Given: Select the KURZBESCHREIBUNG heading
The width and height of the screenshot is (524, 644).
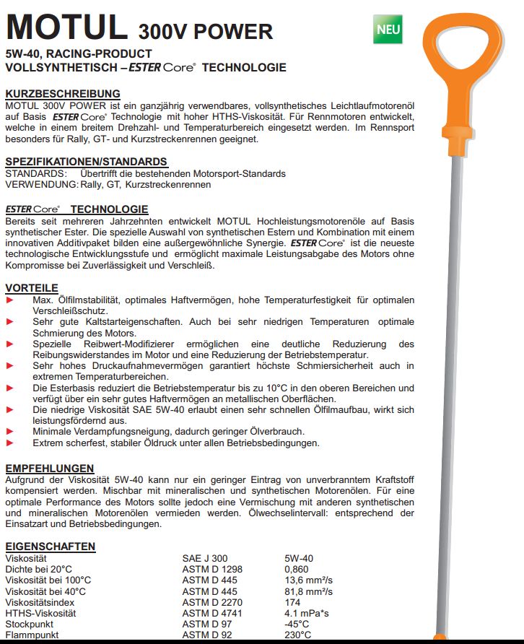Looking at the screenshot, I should pos(63,93).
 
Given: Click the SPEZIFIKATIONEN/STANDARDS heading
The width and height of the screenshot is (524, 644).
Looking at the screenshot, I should pos(86,162).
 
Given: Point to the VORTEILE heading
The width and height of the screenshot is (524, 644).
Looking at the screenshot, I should pos(32,287).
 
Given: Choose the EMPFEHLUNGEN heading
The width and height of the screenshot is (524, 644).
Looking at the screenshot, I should pos(50,468).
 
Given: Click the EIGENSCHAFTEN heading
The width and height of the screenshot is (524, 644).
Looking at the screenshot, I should pos(51,547).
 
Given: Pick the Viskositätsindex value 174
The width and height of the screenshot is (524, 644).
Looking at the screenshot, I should pos(293,601).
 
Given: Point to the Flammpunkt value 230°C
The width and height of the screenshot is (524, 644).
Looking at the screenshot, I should pos(298,635).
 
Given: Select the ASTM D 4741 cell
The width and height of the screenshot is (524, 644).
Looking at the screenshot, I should pos(214,613).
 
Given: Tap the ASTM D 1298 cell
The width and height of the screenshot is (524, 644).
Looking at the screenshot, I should pos(214,569).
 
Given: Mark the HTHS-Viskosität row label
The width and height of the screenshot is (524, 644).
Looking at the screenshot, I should pos(42,613).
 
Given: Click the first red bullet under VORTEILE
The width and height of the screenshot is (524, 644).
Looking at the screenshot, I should pos(9,299).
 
